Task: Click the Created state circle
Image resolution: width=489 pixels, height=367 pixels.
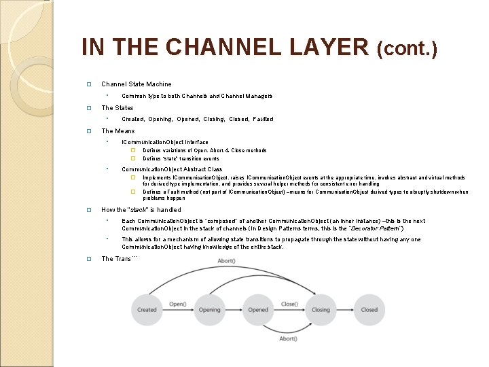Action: point(147,310)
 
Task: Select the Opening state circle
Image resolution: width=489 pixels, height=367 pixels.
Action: point(209,310)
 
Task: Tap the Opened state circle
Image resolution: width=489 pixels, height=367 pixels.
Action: point(258,310)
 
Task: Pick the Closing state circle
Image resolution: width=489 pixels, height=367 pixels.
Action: point(321,310)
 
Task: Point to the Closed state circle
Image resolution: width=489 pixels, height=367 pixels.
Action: point(369,310)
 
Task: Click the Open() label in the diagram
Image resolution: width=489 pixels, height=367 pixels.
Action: point(178,304)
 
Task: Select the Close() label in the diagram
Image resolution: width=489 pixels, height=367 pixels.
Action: point(289,304)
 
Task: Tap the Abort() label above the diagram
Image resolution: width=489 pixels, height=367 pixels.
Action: point(226,261)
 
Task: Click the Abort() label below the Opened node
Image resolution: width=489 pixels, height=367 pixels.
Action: point(288,338)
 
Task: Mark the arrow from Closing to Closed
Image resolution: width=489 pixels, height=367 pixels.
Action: point(345,310)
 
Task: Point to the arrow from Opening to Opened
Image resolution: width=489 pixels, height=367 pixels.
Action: point(234,310)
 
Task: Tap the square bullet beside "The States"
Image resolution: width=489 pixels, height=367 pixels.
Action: point(88,108)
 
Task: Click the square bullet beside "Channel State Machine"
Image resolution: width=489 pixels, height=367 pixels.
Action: point(88,84)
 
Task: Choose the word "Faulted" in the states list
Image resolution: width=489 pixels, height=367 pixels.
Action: point(263,119)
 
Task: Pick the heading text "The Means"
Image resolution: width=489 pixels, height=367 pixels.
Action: point(118,131)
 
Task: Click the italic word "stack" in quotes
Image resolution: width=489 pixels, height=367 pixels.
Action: point(139,210)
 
